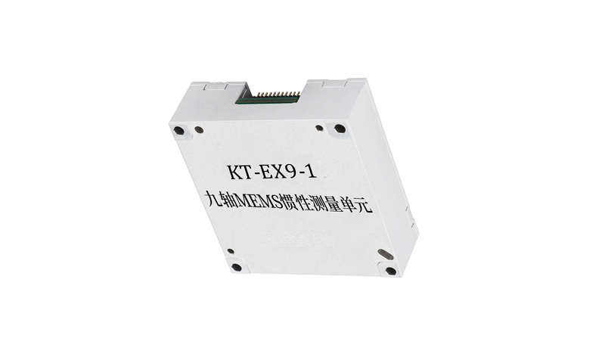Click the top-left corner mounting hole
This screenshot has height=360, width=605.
pos(178,130)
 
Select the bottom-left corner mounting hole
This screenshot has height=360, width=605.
pos(237,267)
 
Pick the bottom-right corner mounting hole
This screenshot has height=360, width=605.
pos(389,270)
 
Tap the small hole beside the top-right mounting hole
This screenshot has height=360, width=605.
pos(321,126)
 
